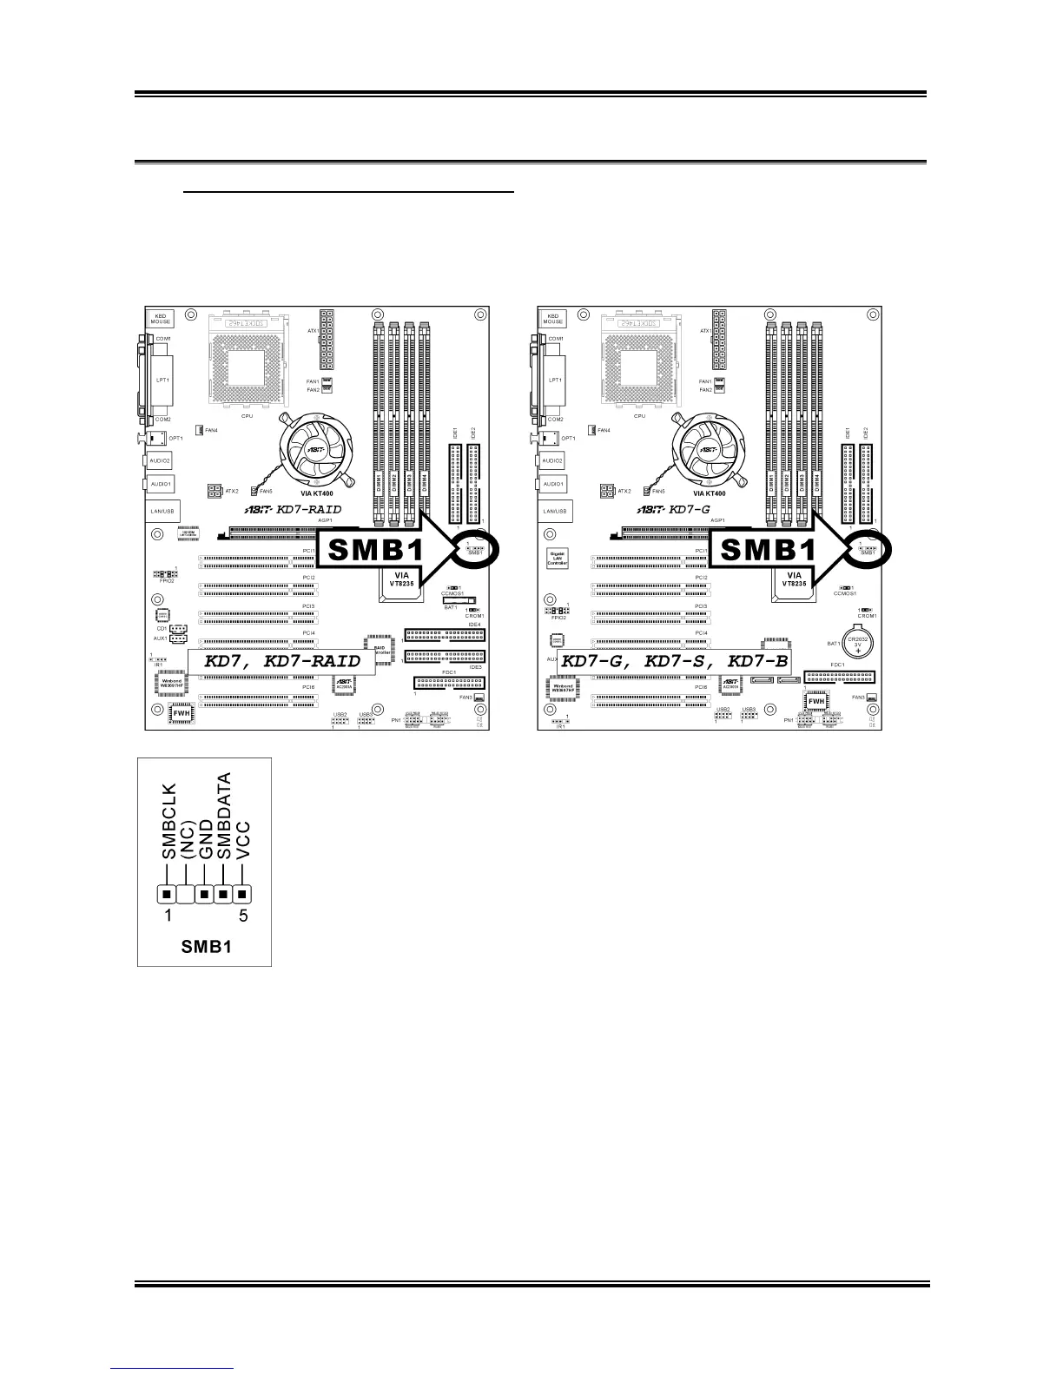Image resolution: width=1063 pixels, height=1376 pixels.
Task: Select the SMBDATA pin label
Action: pos(225,816)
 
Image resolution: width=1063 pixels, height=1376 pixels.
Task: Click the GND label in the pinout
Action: pos(206,838)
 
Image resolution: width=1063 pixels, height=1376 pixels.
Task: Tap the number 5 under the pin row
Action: pos(243,916)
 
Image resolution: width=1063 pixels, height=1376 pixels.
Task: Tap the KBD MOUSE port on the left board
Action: pos(160,319)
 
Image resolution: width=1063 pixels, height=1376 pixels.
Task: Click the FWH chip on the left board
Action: pos(182,713)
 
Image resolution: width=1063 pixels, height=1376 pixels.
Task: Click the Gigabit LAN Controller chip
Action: pos(557,559)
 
